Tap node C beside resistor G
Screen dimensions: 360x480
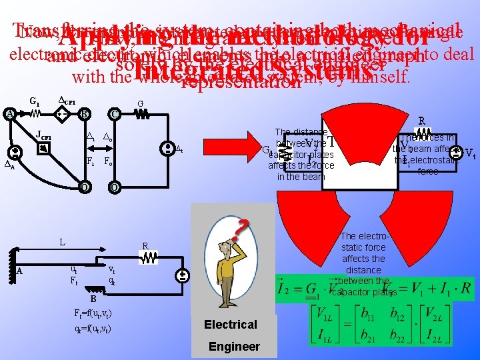[x=115, y=113]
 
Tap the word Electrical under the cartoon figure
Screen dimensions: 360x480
[x=230, y=325]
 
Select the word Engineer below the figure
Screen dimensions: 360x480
[x=234, y=346]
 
